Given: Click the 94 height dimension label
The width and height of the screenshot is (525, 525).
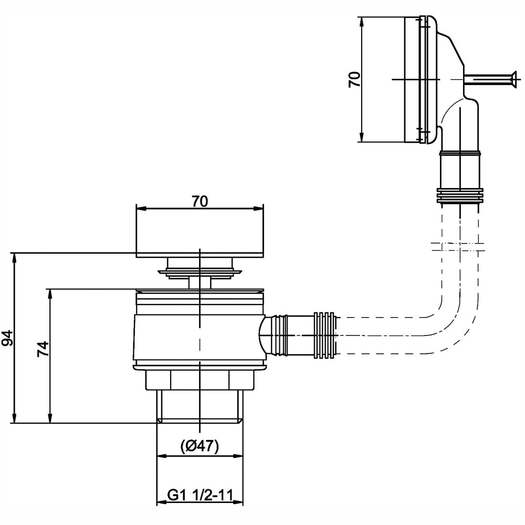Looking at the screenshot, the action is (x=7, y=338).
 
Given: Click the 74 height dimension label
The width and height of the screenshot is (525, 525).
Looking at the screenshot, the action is (x=43, y=349).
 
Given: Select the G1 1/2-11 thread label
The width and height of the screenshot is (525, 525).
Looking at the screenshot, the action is (x=200, y=495).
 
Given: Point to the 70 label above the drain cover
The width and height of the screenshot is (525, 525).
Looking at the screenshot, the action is (x=200, y=202).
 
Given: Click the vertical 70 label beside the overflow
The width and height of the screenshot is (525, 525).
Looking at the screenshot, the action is (x=354, y=80).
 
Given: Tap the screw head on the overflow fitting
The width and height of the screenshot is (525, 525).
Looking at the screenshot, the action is (x=512, y=79).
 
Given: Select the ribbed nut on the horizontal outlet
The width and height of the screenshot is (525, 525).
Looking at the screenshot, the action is (x=324, y=335).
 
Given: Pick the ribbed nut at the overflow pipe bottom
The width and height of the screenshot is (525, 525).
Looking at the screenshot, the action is (x=460, y=196).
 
